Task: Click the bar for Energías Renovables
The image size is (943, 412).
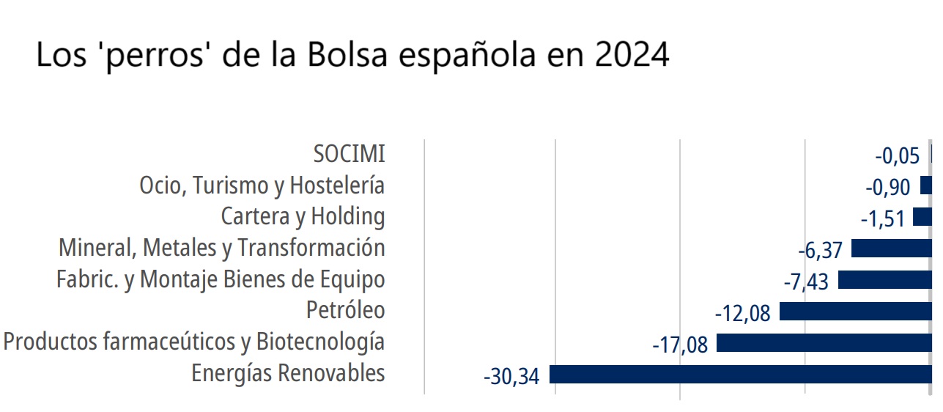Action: [740, 375]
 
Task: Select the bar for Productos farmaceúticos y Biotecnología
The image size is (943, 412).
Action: [824, 343]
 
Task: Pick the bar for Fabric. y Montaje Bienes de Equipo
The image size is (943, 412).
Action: [884, 280]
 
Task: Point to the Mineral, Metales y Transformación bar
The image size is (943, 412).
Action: [891, 249]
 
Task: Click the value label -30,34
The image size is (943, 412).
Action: [511, 377]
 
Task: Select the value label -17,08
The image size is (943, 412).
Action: [680, 345]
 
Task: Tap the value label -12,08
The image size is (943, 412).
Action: [742, 314]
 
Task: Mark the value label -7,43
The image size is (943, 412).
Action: [806, 282]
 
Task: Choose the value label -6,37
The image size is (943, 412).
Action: [820, 251]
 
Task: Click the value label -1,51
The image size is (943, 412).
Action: [882, 219]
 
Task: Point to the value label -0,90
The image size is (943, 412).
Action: [888, 188]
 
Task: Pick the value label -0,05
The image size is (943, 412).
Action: [898, 156]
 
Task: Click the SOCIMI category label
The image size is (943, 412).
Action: [349, 154]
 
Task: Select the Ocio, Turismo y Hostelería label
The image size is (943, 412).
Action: [262, 185]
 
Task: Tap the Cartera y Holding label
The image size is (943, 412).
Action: [303, 217]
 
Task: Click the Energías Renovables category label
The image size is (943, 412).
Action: [288, 373]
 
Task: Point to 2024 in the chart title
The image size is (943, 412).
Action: [632, 55]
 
